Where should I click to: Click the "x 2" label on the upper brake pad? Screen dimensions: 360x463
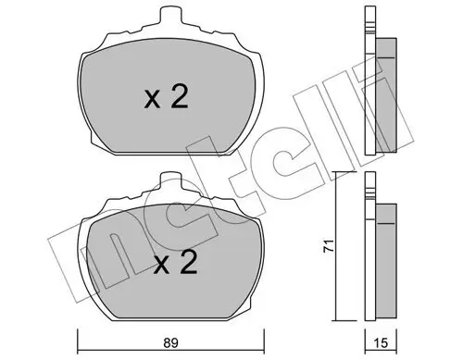click(x=167, y=97)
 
